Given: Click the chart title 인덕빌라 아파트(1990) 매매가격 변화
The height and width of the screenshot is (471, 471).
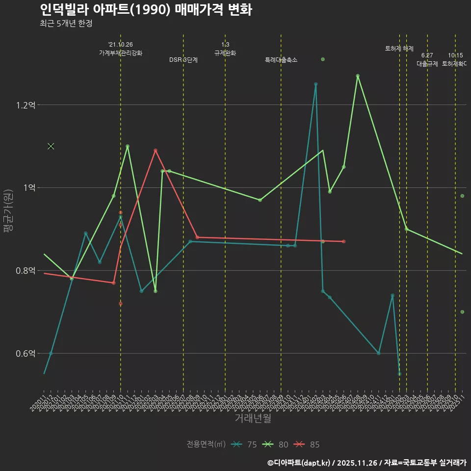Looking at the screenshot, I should [x=145, y=10].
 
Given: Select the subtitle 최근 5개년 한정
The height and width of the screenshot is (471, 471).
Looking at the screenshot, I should [x=66, y=23].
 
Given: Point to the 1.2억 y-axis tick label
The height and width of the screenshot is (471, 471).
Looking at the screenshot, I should [x=25, y=105].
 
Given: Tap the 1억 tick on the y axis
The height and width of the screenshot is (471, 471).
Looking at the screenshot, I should [x=28, y=188].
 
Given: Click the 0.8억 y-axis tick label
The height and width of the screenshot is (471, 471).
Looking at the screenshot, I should [x=25, y=271].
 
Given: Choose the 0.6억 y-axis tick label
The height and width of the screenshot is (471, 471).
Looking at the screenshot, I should [x=25, y=354].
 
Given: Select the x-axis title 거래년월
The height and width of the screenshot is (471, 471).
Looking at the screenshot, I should [x=253, y=419].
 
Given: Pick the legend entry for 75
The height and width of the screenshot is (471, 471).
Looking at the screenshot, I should [x=245, y=445].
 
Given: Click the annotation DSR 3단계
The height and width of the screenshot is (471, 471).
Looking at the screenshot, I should [x=183, y=60].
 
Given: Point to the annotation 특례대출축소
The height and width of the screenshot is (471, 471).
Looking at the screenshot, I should [x=281, y=60].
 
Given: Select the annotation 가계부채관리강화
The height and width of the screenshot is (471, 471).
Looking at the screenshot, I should [x=121, y=53].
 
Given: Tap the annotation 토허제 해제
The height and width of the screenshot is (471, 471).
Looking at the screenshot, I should [x=399, y=49].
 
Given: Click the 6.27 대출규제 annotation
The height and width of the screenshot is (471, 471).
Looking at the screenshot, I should [x=427, y=59].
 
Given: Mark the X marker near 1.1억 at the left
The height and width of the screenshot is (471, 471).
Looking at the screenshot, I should [x=51, y=146].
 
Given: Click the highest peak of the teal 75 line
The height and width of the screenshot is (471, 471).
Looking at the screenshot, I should [x=315, y=84].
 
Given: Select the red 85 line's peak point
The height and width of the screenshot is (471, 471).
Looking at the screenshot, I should [x=156, y=150].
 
